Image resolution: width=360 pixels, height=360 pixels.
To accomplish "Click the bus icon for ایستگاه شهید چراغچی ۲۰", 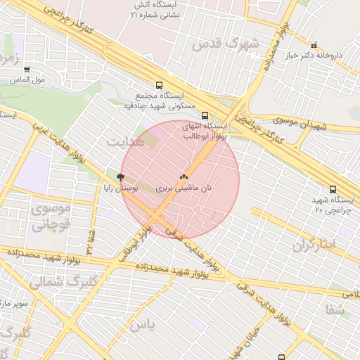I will point(333,189).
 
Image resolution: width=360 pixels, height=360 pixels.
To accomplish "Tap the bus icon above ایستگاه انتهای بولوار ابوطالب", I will point(205,116).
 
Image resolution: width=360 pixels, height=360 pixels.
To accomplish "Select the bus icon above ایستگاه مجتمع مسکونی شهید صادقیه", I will point(160,85).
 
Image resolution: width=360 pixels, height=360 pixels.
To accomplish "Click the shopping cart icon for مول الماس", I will point(27,70).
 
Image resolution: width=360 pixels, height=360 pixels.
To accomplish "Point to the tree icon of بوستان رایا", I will point(120,177).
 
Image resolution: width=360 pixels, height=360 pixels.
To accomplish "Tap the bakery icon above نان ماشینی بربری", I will point(184,177).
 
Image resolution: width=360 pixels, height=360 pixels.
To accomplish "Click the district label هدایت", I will point(125,142).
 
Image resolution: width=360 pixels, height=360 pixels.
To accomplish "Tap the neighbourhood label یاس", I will point(141,325).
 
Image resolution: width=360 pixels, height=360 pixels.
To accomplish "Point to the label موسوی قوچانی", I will point(51,217).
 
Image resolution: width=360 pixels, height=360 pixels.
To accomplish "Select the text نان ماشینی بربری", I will point(184,188).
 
